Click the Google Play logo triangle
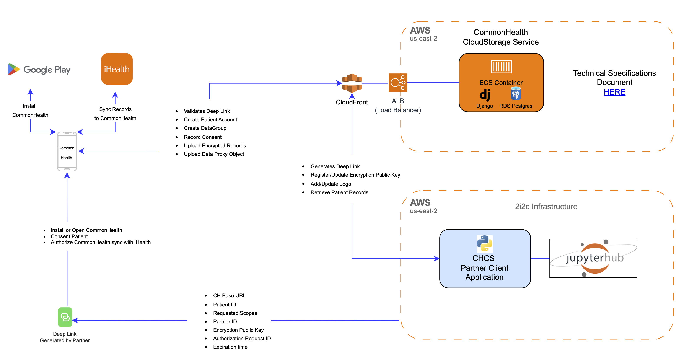click(13, 69)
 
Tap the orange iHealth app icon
click(117, 69)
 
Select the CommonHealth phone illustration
click(67, 151)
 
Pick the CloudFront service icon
click(352, 83)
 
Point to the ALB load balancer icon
click(398, 83)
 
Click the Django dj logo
click(484, 95)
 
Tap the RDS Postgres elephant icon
click(516, 94)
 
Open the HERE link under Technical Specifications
click(614, 92)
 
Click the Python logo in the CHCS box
click(484, 243)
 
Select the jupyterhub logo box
click(593, 258)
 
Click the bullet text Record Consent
click(202, 137)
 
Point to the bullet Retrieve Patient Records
click(339, 192)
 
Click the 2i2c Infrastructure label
click(546, 207)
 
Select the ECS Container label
click(501, 83)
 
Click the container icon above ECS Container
click(501, 67)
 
